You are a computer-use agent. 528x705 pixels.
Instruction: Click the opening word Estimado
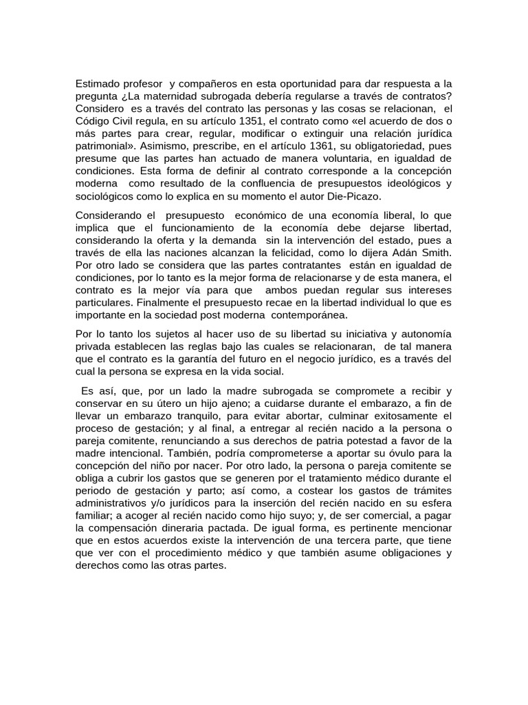pyautogui.click(x=98, y=84)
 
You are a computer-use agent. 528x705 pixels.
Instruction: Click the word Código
pyautogui.click(x=94, y=120)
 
